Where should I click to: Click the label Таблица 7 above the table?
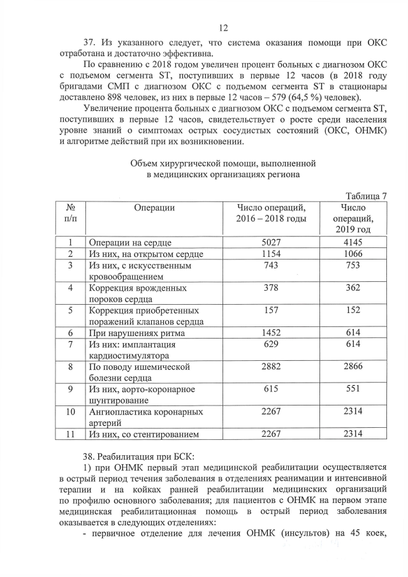click(367, 195)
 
